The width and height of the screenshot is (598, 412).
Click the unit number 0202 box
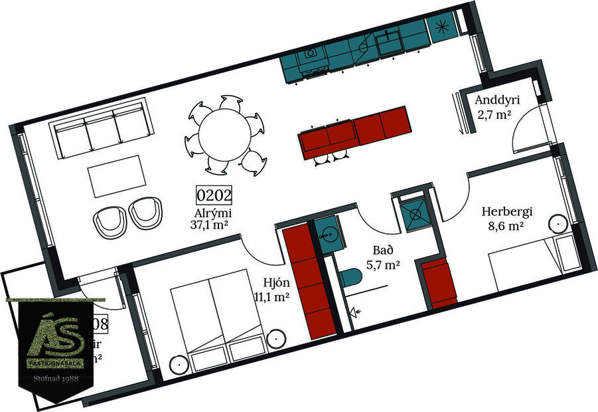[x=214, y=195]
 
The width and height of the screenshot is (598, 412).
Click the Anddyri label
[x=496, y=101]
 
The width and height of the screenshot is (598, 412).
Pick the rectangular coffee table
[x=118, y=175]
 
